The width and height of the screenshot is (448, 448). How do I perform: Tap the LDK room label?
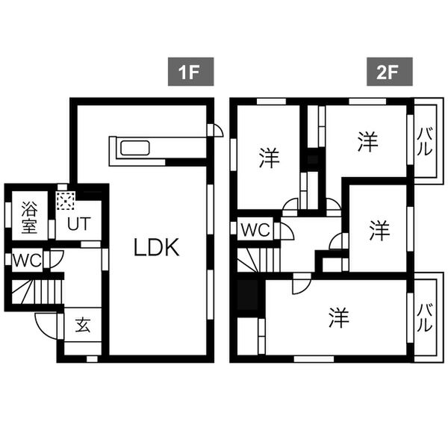tap(157, 248)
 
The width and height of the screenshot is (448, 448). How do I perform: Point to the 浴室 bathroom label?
tap(30, 215)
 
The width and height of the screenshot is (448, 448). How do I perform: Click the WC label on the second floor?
tap(255, 230)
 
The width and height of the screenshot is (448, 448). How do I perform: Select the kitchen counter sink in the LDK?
tap(135, 147)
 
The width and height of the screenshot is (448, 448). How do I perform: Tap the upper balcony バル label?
tap(423, 140)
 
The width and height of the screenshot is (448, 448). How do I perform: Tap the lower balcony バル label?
tap(423, 317)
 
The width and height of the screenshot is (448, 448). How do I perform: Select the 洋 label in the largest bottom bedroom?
tap(338, 318)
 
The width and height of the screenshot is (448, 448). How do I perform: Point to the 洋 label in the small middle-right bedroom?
tap(379, 230)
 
